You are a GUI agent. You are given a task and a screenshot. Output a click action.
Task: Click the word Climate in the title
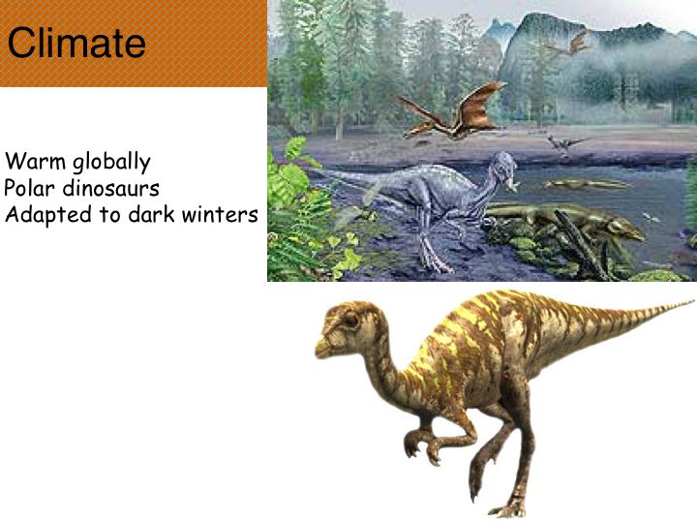point(76,43)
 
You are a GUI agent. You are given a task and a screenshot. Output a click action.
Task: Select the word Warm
point(35,161)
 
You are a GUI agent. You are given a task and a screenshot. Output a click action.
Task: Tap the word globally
point(111,163)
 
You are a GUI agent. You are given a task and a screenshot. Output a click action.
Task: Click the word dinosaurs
point(110,188)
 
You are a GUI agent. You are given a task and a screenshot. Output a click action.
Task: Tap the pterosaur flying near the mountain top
point(571,44)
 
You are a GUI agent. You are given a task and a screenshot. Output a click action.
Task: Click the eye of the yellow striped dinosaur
point(350,321)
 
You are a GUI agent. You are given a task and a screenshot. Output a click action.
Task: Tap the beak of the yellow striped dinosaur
point(322,349)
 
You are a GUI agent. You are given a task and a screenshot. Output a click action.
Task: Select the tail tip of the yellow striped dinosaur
point(690,302)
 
